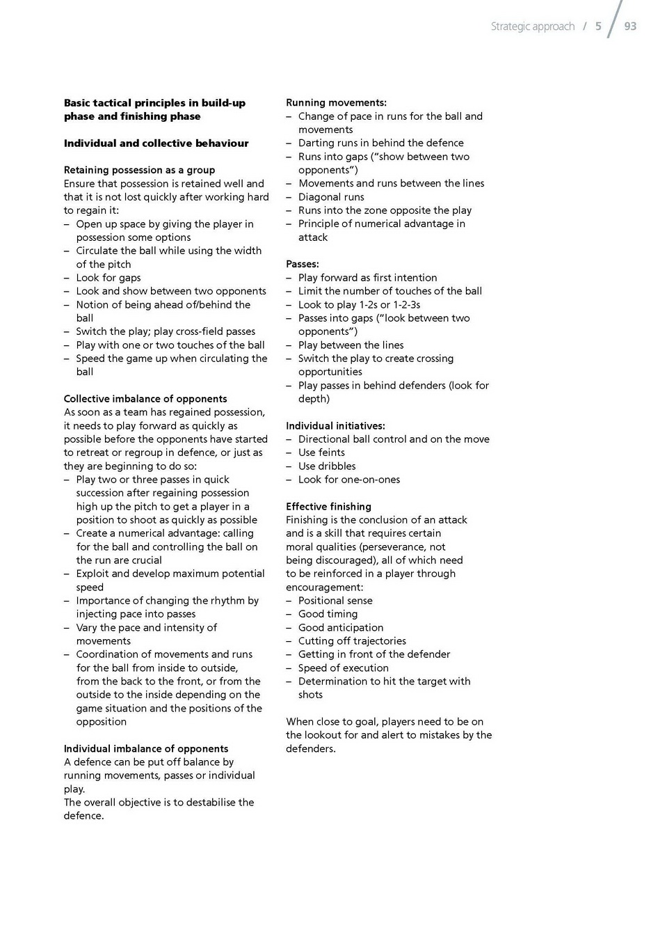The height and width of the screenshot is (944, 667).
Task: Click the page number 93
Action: tap(630, 26)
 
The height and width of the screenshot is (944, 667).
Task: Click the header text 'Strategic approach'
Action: tap(533, 26)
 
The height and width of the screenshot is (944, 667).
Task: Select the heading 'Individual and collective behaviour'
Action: tap(156, 143)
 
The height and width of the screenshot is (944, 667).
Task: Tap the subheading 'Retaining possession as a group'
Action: tap(139, 170)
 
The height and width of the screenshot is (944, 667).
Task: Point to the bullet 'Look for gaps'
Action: tap(109, 278)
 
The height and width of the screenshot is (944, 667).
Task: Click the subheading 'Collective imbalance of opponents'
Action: tap(145, 399)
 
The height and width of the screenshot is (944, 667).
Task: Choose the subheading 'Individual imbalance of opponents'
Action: tap(146, 749)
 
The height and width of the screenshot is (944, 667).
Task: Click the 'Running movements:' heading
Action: tap(336, 103)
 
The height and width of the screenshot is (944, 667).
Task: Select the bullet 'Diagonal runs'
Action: tap(331, 197)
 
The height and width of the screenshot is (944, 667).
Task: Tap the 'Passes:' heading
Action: tap(303, 265)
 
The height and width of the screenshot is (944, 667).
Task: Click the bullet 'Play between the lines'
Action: tap(351, 345)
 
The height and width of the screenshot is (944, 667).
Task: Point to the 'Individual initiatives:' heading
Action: tap(335, 426)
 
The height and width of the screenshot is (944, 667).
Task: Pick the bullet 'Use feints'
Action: tap(321, 453)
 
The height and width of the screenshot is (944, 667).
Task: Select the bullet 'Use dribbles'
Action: tap(327, 466)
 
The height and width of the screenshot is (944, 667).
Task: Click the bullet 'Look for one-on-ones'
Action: tap(349, 480)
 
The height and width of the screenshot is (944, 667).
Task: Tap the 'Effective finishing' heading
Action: tap(328, 507)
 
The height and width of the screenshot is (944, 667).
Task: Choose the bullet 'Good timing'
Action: tap(328, 614)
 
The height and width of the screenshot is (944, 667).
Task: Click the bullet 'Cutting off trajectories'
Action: tap(352, 641)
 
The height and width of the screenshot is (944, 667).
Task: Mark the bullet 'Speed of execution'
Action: tap(343, 668)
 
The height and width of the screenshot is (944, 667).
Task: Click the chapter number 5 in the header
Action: tap(598, 26)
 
